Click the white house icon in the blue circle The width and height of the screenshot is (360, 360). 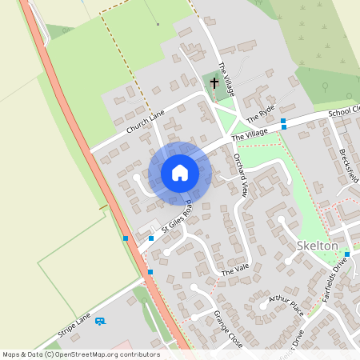pos(180,172)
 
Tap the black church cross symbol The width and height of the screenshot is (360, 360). pos(214,82)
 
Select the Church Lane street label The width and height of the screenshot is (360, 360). pos(144,122)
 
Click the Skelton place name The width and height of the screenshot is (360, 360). pos(317,246)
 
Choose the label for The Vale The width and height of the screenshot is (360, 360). pos(235,270)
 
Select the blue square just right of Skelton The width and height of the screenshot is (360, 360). pos(347,254)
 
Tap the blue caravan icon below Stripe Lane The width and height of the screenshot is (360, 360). pos(100,321)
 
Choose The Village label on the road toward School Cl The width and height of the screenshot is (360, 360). pos(250,135)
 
